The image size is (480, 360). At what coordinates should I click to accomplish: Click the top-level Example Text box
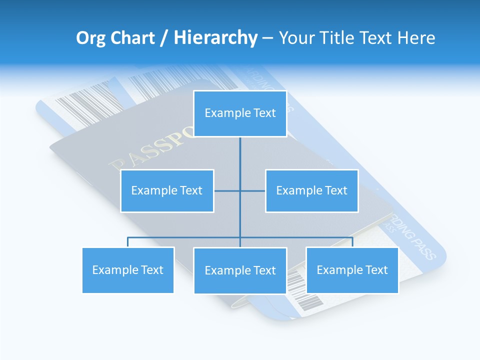pyautogui.click(x=240, y=113)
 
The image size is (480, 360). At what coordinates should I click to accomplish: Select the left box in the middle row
pyautogui.click(x=167, y=190)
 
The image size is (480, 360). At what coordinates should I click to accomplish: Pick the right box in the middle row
pyautogui.click(x=311, y=190)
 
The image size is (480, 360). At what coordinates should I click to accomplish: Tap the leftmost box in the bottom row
pyautogui.click(x=128, y=270)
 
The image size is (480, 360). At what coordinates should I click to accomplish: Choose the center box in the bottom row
pyautogui.click(x=240, y=270)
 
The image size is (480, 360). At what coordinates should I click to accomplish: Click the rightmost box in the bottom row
pyautogui.click(x=352, y=270)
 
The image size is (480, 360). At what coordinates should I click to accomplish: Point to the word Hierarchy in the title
pyautogui.click(x=215, y=38)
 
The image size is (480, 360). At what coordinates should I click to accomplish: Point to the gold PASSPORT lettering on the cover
pyautogui.click(x=150, y=150)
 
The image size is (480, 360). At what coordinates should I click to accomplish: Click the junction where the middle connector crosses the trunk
pyautogui.click(x=240, y=190)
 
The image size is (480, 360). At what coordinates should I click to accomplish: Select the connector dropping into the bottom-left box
pyautogui.click(x=128, y=242)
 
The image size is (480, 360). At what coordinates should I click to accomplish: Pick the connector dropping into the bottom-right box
pyautogui.click(x=352, y=242)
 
